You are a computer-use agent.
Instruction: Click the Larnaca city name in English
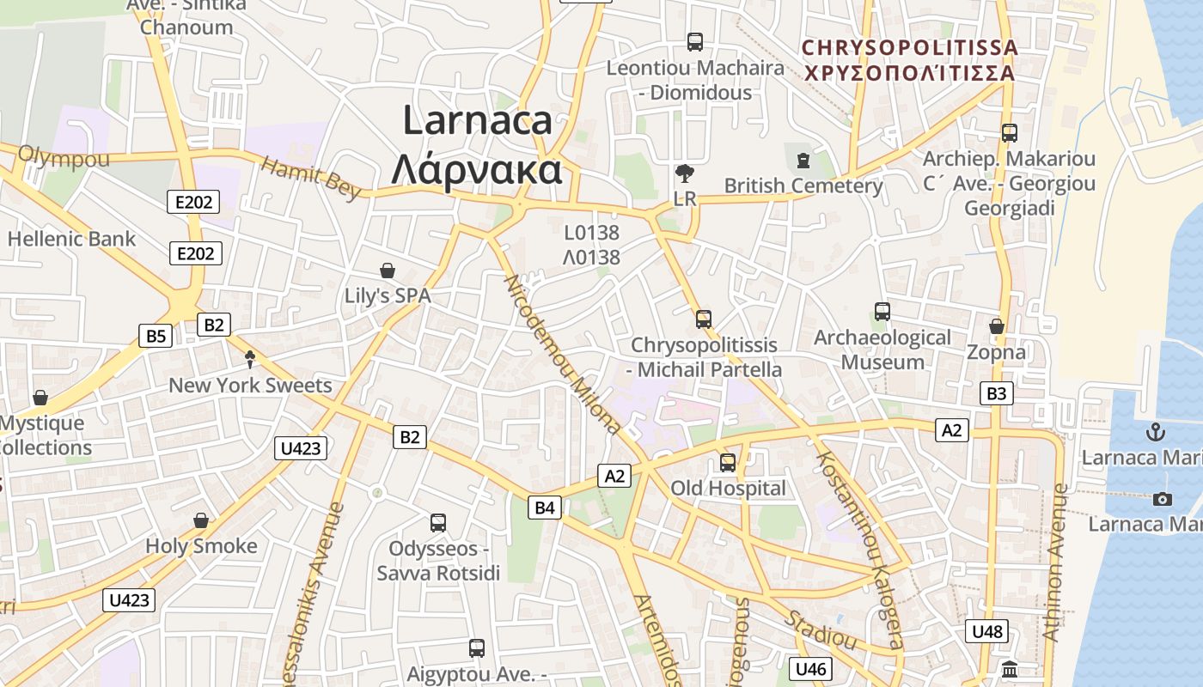point(477,120)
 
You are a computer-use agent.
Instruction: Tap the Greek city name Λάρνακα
point(477,169)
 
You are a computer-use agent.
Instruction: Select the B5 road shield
point(156,336)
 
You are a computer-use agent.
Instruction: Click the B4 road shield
point(545,508)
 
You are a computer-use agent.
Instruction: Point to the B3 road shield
point(996,394)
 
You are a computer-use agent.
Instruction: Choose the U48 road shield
point(986,632)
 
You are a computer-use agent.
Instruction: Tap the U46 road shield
point(810,669)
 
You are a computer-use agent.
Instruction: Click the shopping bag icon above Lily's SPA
point(388,271)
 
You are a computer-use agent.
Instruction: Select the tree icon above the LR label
point(685,174)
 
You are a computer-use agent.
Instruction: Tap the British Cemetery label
point(803,185)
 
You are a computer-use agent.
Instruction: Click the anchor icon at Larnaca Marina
point(1156,432)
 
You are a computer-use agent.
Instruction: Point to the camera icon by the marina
point(1162,499)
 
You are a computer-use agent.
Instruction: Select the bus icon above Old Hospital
point(728,463)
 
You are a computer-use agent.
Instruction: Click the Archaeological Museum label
point(882,350)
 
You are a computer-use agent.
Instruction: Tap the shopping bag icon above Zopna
point(997,327)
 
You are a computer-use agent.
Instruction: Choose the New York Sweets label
point(250,385)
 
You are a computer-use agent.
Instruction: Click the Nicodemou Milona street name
point(562,353)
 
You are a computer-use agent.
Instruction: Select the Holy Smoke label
point(201,546)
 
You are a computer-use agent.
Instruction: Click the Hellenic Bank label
point(71,239)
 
